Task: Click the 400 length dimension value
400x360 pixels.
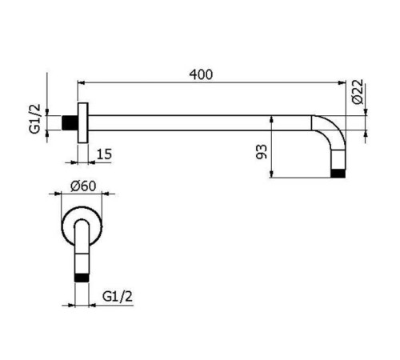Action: (202, 74)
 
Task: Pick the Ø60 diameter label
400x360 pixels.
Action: (83, 186)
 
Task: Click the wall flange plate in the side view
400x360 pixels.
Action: (81, 123)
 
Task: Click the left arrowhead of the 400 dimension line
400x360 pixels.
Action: (80, 82)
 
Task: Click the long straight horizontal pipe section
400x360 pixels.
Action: (200, 123)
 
